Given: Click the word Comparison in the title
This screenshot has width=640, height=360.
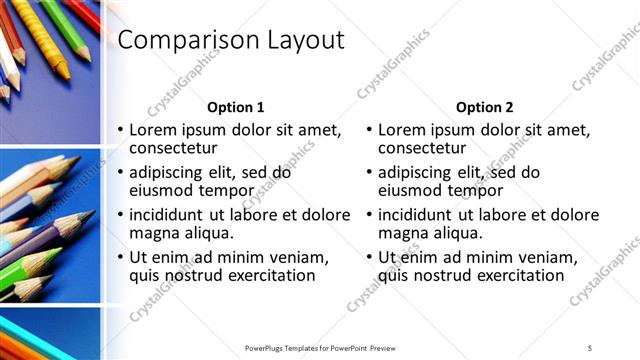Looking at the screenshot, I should tap(185, 41).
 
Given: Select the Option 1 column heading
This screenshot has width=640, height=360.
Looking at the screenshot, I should tap(236, 107).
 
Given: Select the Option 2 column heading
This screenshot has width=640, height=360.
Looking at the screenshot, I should tap(485, 107).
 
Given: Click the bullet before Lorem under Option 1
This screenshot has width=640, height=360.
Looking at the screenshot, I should tap(121, 131).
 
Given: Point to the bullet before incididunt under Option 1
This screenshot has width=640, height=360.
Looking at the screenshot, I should tap(121, 215).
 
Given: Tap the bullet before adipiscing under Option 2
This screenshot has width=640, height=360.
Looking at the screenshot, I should tap(370, 172).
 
